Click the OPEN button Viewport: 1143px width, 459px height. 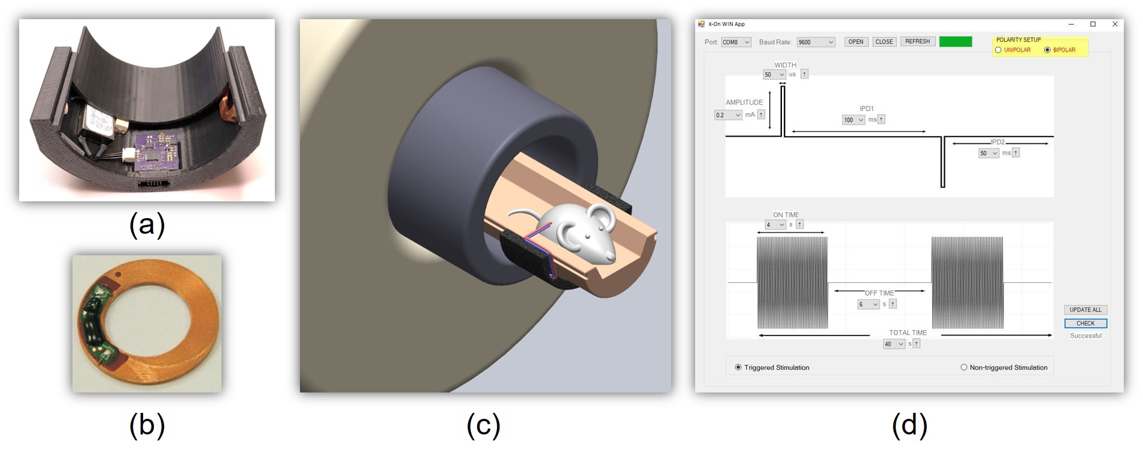tap(856, 41)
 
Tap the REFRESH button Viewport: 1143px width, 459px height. tap(917, 41)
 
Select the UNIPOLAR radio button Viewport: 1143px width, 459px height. tap(998, 50)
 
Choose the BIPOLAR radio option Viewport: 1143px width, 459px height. tap(1047, 50)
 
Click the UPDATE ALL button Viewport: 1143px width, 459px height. tap(1086, 310)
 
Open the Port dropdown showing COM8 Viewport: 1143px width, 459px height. tap(736, 42)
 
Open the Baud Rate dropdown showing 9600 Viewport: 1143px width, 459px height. tap(815, 42)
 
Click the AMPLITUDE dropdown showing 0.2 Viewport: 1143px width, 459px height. tap(728, 115)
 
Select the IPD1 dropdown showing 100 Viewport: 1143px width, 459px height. tap(854, 120)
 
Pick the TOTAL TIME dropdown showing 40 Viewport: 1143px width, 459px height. tap(894, 344)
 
